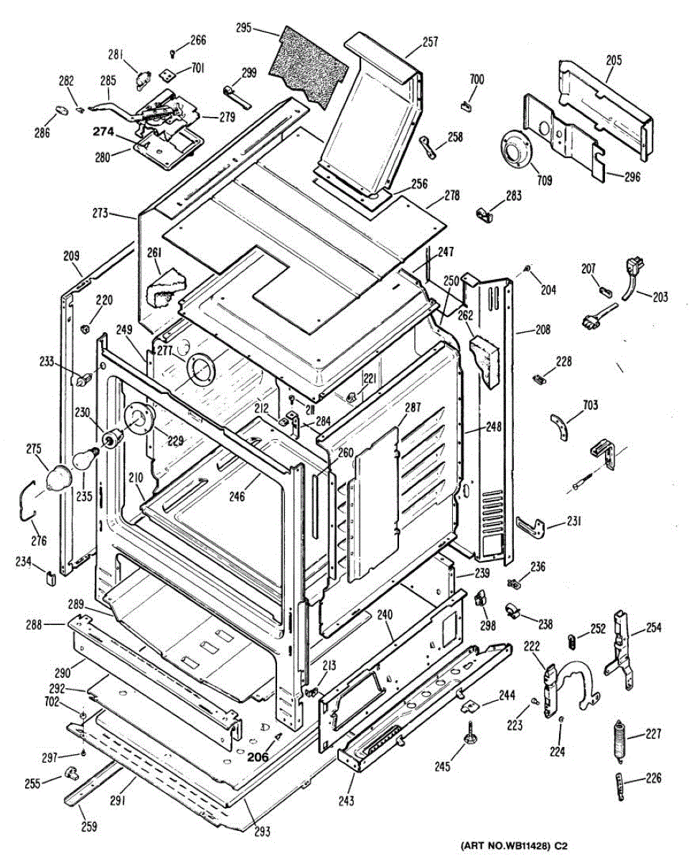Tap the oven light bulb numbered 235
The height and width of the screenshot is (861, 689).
pyautogui.click(x=88, y=457)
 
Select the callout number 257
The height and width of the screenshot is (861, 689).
pyautogui.click(x=430, y=42)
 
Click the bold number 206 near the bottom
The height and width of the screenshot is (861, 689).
pyautogui.click(x=258, y=756)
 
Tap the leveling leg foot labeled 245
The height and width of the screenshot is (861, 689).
pyautogui.click(x=470, y=735)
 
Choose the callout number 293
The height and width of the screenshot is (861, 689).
pyautogui.click(x=262, y=832)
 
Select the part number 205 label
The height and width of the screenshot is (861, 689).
pyautogui.click(x=614, y=61)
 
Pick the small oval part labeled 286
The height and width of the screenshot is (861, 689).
pyautogui.click(x=62, y=110)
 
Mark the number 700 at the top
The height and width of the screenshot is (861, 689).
pyautogui.click(x=477, y=79)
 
